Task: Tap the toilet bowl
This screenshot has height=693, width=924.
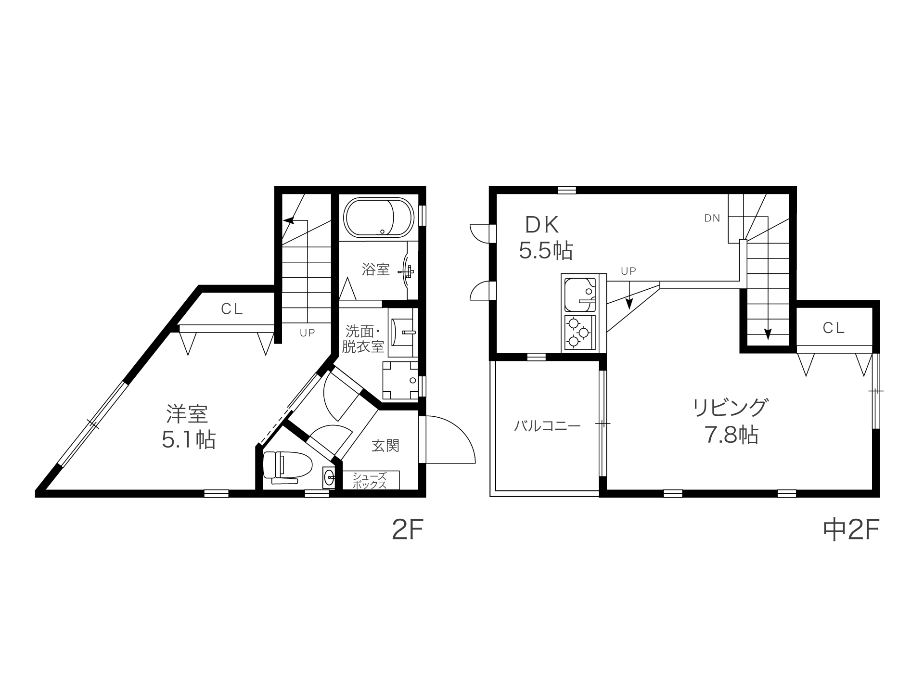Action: (x=288, y=466)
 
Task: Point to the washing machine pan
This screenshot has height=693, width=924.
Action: (x=401, y=381)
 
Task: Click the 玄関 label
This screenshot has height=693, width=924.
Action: (x=385, y=446)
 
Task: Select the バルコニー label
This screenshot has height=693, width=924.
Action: (x=547, y=426)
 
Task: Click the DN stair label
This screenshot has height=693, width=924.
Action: (x=712, y=218)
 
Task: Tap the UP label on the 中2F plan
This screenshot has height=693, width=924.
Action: (x=629, y=271)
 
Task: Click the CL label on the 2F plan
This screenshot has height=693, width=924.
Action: (x=232, y=309)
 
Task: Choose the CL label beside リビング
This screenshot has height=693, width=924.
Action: (x=834, y=328)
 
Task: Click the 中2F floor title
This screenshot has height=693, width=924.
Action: (x=851, y=530)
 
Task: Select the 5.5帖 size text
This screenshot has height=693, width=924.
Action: (x=546, y=250)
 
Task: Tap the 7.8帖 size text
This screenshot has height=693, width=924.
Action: (x=731, y=435)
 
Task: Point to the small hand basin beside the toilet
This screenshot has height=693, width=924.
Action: (x=329, y=478)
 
